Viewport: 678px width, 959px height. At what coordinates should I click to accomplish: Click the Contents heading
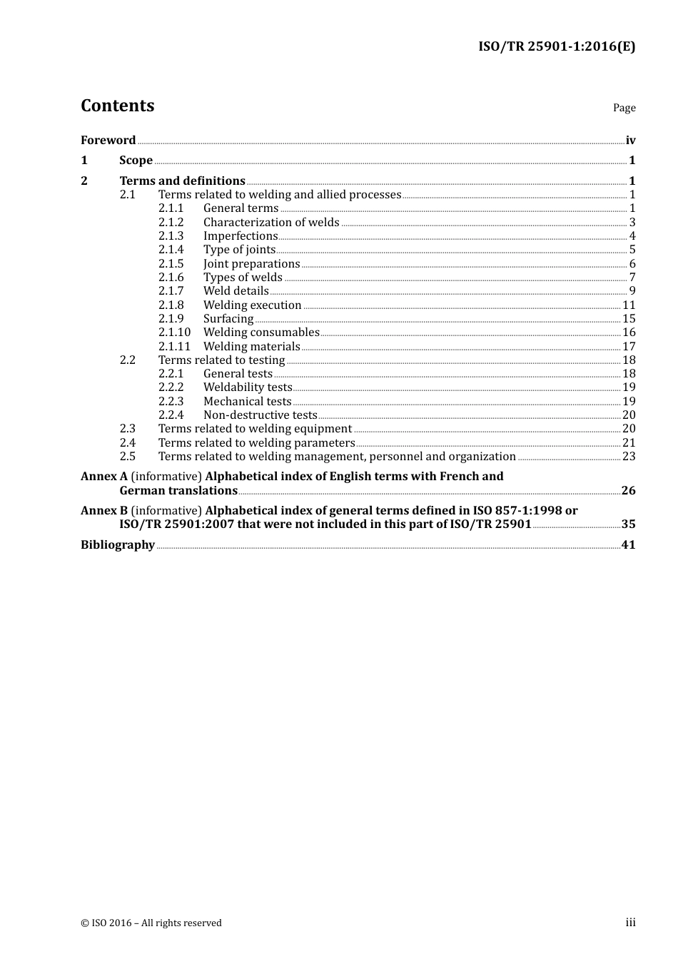coord(117,106)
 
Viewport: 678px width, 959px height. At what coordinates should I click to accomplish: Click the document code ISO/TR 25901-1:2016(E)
coord(556,46)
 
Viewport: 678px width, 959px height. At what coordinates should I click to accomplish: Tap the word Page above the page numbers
coord(624,108)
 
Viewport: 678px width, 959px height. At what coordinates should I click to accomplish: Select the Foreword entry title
coord(108,140)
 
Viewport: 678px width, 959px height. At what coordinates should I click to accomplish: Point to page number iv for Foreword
coord(630,141)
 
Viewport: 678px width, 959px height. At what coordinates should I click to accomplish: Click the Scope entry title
coord(136,161)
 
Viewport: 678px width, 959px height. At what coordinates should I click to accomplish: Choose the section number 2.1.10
coord(174,333)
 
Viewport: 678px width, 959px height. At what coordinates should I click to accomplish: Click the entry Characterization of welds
coord(271,223)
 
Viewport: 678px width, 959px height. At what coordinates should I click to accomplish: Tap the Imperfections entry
coord(240,236)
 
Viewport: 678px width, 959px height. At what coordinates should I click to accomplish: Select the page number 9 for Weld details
coord(632,291)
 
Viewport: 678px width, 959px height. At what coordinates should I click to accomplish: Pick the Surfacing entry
coord(228,319)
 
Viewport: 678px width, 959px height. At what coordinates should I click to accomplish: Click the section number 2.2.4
coord(171,415)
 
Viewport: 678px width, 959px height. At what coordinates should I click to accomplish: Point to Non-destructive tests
coord(260,415)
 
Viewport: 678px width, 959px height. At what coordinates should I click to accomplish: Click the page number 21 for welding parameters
coord(629,443)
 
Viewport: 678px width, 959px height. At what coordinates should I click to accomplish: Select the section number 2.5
coord(127,457)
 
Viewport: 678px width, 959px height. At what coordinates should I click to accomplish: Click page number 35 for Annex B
coord(628,524)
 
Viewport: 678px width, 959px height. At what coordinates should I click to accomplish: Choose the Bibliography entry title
coord(117,545)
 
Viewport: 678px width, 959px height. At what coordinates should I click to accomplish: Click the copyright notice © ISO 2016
coord(151,923)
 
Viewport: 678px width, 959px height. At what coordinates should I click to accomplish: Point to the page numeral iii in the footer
coord(630,923)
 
